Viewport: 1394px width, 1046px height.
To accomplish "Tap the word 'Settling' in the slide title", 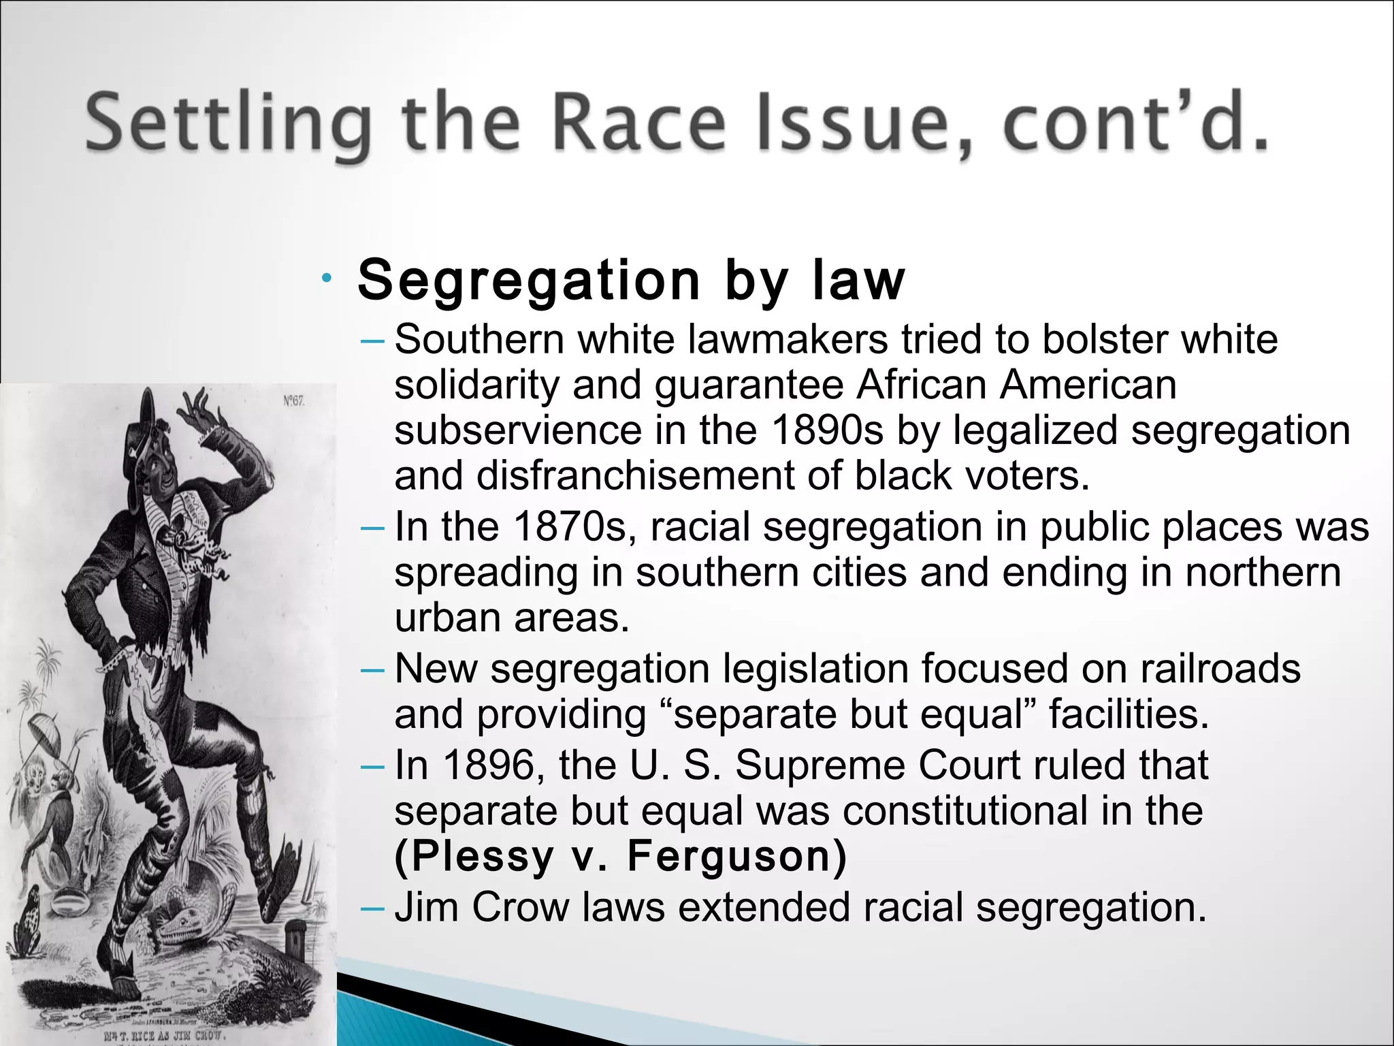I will click(229, 125).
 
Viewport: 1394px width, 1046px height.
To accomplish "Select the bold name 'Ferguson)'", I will click(737, 856).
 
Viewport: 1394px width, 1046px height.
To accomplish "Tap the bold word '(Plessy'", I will click(474, 856).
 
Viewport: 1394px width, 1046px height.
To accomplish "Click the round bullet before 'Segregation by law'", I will click(327, 278).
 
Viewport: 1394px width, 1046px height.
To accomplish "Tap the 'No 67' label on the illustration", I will click(294, 401).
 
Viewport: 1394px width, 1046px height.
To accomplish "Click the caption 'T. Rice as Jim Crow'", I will click(163, 1035).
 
